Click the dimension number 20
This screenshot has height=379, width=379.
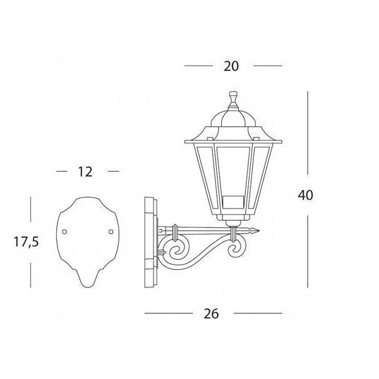click(x=231, y=66)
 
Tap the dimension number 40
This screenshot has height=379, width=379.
click(x=305, y=195)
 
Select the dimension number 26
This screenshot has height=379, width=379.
click(x=211, y=314)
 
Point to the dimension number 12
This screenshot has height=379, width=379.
click(x=85, y=172)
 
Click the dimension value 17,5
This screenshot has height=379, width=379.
click(x=26, y=242)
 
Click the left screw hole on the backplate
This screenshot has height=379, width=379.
click(x=64, y=232)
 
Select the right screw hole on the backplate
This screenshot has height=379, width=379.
click(x=111, y=232)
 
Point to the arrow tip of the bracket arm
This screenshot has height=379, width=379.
click(x=258, y=231)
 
